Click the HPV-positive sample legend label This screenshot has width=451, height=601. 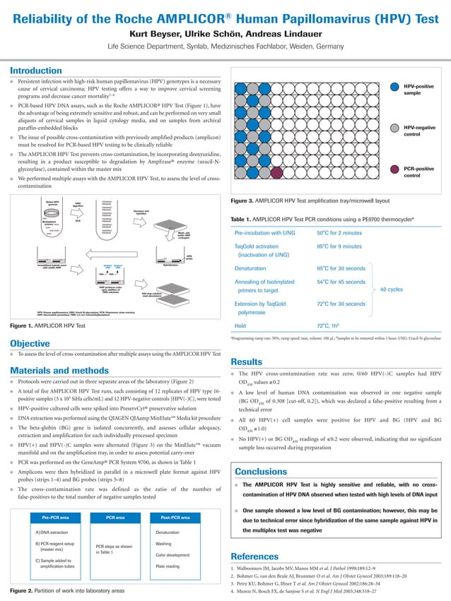(417, 90)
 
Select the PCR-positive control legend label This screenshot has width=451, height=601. (417, 172)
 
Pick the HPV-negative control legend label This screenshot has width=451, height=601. (417, 131)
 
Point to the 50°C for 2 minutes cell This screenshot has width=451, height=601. (339, 232)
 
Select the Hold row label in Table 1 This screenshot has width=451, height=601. (241, 326)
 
